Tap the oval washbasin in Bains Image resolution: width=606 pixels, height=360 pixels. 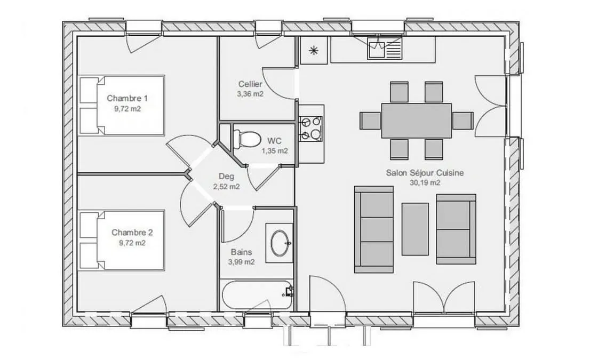(280, 243)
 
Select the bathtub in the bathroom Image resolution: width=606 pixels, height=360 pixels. (257, 295)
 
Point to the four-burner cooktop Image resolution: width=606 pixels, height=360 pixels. (310, 128)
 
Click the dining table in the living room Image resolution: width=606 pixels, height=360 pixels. (417, 121)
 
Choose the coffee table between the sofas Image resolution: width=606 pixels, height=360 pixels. (415, 229)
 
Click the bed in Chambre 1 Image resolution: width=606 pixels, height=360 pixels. (122, 105)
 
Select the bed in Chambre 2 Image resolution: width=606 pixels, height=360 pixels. (122, 239)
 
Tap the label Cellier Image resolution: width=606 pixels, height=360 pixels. (250, 84)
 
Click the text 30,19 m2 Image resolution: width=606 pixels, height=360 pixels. (425, 183)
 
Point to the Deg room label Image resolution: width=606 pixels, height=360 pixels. (227, 177)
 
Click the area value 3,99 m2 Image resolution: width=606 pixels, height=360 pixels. (242, 262)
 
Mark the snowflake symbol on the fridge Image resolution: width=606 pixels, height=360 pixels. (314, 50)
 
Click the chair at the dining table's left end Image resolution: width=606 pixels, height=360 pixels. (371, 121)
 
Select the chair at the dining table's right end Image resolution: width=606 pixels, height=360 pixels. (463, 121)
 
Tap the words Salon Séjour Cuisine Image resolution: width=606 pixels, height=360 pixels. (425, 173)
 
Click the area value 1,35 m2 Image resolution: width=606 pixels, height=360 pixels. (275, 150)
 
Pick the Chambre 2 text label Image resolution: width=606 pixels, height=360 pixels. (132, 232)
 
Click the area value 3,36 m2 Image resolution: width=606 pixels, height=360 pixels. (250, 94)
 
